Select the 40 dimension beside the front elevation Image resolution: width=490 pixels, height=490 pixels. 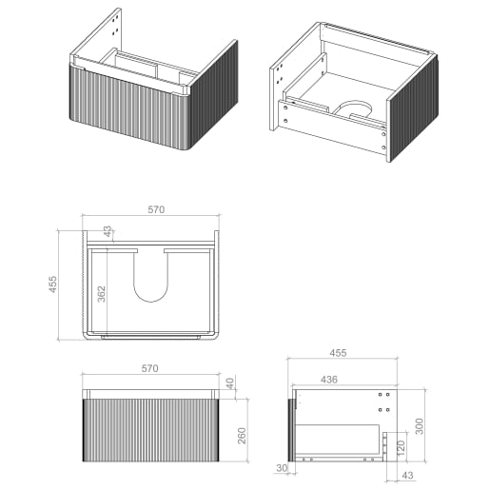click(x=229, y=383)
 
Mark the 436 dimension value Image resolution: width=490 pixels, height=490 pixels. click(x=328, y=380)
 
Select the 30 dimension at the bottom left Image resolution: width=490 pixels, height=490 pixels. click(x=283, y=468)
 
